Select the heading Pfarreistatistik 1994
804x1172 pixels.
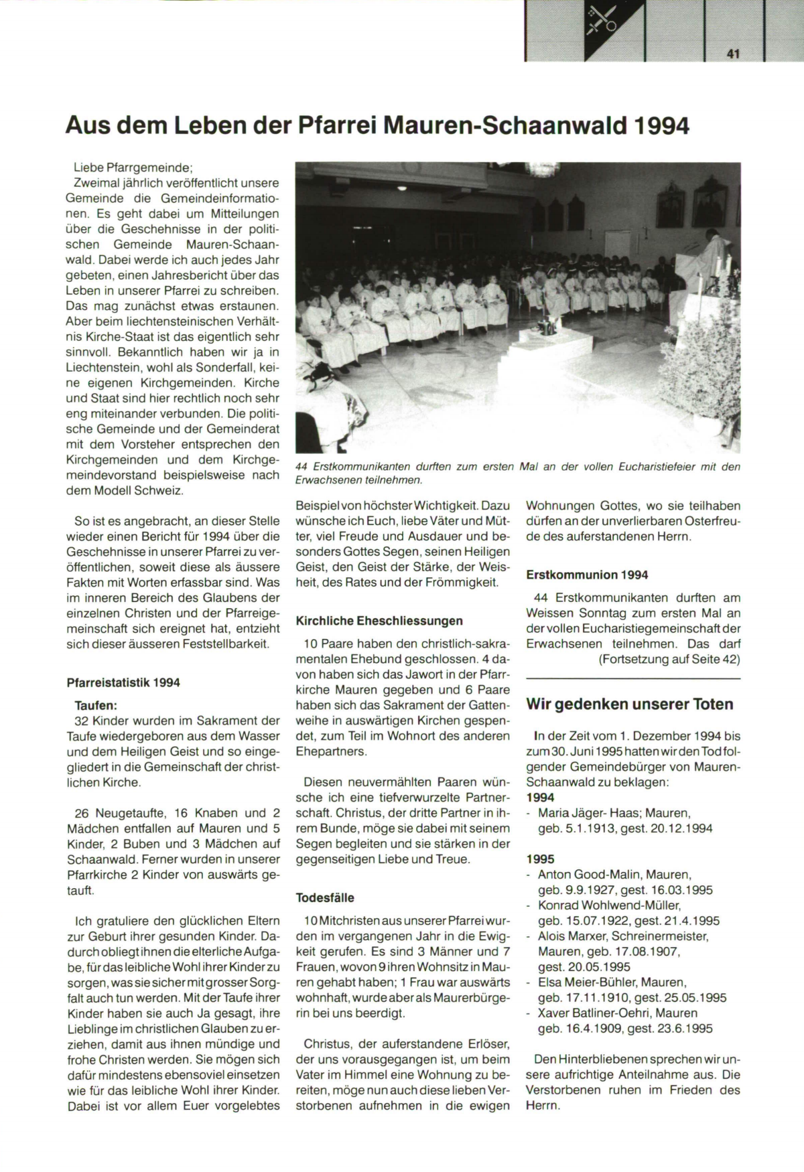(x=123, y=683)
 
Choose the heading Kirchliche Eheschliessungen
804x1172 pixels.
(x=379, y=621)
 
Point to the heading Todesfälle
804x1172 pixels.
(x=325, y=897)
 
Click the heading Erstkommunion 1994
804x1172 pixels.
(x=587, y=575)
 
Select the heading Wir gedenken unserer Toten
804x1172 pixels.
(x=630, y=704)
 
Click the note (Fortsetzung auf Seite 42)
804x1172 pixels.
(x=669, y=659)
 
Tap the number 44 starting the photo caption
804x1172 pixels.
(x=302, y=467)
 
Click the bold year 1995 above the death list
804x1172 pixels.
(x=541, y=859)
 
